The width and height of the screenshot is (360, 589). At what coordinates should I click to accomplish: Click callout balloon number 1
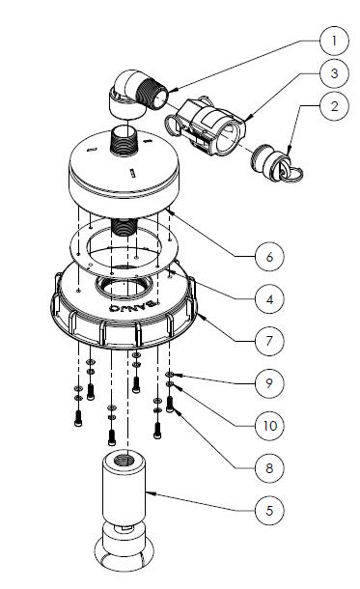click(335, 41)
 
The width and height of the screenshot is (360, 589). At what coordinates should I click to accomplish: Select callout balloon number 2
click(335, 106)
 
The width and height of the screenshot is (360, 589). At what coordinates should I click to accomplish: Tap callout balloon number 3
click(335, 73)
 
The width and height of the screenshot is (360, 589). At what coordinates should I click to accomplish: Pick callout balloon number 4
click(269, 299)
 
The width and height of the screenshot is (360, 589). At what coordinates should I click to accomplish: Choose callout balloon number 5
click(269, 511)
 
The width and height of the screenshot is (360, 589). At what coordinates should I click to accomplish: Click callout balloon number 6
click(269, 257)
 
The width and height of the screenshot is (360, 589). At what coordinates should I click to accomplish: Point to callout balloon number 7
click(269, 341)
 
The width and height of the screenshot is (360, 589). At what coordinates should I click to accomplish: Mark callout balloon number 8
click(269, 468)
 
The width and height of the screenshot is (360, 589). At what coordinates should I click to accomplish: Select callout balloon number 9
click(269, 382)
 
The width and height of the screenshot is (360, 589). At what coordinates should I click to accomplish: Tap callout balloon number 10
click(269, 426)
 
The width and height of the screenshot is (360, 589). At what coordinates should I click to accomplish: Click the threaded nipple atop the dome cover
click(124, 141)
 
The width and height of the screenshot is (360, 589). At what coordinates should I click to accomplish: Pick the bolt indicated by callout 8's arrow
click(170, 405)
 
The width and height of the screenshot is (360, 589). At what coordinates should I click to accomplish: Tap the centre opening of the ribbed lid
click(125, 289)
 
